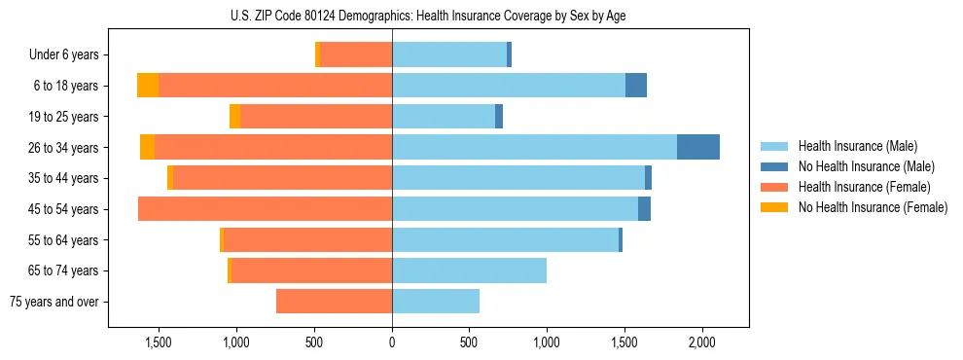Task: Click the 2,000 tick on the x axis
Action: click(702, 342)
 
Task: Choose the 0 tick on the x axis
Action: click(392, 342)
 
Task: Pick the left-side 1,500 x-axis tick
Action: click(159, 342)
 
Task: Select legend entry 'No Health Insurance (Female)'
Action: click(873, 207)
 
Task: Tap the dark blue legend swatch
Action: click(774, 166)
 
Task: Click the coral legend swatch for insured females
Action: click(774, 187)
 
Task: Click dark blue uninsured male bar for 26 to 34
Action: click(698, 147)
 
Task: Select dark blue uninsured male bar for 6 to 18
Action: click(636, 86)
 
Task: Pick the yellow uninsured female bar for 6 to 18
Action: click(148, 86)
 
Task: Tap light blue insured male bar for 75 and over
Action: click(436, 302)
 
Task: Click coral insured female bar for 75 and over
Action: click(334, 302)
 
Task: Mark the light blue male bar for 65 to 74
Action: click(469, 270)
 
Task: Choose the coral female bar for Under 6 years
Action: click(356, 54)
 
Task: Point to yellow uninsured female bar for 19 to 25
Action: click(234, 116)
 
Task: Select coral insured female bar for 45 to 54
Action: click(265, 209)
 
